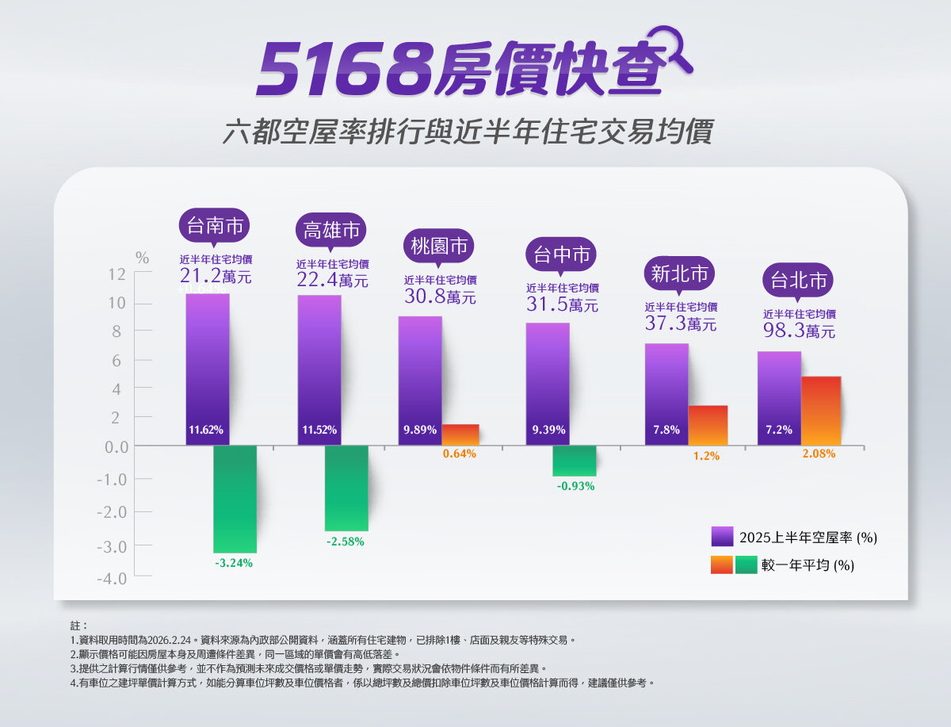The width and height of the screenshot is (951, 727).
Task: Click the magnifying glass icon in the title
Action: click(668, 49)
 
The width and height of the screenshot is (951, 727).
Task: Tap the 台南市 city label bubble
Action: click(214, 226)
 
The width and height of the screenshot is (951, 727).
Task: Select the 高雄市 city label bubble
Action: click(332, 231)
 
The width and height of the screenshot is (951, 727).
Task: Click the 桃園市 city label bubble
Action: click(439, 247)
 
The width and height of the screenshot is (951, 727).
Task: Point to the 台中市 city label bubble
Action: click(561, 254)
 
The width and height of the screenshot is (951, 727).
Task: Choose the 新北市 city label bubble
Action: click(679, 274)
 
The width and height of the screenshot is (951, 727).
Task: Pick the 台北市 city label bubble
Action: click(799, 280)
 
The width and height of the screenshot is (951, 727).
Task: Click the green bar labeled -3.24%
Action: click(235, 499)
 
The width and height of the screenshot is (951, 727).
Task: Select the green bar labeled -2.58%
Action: click(346, 488)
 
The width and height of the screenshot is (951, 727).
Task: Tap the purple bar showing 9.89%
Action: click(420, 381)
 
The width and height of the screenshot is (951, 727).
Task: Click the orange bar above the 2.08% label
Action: click(821, 411)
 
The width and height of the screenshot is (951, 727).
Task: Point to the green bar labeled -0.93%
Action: click(575, 461)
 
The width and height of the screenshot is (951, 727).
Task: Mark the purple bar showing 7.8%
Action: click(666, 394)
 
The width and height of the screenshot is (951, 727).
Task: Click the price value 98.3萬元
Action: click(799, 331)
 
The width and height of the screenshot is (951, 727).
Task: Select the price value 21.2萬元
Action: click(216, 277)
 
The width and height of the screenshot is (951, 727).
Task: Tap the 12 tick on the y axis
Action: click(117, 274)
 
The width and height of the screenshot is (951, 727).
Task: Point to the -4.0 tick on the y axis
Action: click(113, 579)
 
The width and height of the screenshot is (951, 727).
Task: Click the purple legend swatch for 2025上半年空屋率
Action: click(722, 537)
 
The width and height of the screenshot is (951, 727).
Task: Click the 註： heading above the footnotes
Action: click(79, 626)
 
